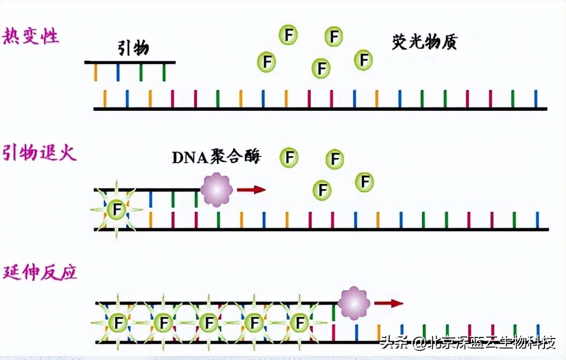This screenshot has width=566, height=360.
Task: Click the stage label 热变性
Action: click(31, 37)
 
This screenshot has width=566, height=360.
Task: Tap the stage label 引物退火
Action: click(40, 153)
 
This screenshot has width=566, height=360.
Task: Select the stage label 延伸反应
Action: click(40, 272)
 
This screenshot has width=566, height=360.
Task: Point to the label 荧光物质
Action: click(425, 42)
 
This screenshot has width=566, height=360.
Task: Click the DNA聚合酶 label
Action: click(216, 157)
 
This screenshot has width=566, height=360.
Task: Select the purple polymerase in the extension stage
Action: click(354, 303)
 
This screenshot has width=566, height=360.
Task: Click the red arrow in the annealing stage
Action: click(251, 189)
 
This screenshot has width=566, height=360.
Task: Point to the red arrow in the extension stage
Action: click(389, 304)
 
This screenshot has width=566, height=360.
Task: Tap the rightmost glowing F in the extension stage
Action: click(299, 322)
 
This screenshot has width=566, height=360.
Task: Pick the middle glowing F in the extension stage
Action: click(207, 322)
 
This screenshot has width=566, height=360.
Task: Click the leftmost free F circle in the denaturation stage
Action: click(266, 62)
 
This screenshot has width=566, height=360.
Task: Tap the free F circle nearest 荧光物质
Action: click(364, 59)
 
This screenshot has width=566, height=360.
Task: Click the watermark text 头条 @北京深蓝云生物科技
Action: click(467, 342)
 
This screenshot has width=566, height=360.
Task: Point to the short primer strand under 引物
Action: click(130, 63)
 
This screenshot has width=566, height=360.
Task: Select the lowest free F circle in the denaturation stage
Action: click(321, 68)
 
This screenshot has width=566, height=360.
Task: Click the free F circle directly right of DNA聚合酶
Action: click(289, 157)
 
